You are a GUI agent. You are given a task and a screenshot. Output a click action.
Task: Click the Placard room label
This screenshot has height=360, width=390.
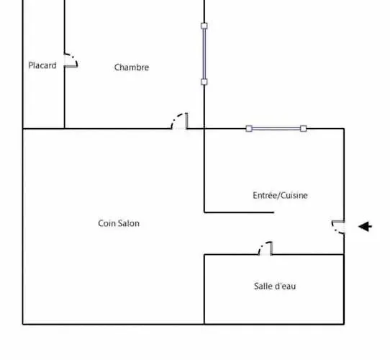tap(42, 66)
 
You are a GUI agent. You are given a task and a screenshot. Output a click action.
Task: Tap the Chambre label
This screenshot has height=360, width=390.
tap(132, 67)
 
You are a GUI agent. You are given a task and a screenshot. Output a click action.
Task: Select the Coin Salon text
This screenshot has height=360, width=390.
tap(119, 223)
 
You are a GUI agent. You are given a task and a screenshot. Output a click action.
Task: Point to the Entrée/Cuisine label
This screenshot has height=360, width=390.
tap(280, 195)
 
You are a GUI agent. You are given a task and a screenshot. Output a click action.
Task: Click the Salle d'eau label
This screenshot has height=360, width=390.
tap(275, 286)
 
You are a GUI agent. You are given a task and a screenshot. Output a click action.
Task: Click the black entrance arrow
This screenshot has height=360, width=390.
tap(365, 227)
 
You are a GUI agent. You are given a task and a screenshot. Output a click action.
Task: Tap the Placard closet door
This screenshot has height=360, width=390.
tap(71, 60)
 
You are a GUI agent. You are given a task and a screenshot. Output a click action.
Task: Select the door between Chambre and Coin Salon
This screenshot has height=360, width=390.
tap(180, 121)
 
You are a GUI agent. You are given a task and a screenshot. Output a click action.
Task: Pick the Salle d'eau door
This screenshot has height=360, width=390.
tap(266, 248)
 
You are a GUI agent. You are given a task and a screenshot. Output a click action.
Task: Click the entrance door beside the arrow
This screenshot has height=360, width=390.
tap(338, 227)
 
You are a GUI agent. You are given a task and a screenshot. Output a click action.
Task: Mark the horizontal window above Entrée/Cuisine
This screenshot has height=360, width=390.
tap(276, 128)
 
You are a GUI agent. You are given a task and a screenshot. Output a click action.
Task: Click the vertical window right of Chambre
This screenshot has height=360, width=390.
tap(204, 54)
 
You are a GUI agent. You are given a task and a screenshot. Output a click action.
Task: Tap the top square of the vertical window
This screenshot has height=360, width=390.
tap(204, 26)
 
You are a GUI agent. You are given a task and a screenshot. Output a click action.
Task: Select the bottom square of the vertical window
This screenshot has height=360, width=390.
tap(204, 82)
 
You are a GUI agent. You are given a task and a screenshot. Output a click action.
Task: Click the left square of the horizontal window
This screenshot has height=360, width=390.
tap(249, 128)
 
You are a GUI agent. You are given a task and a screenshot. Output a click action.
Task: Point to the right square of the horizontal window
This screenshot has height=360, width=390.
tap(304, 128)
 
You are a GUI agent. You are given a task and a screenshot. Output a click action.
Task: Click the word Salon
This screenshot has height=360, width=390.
tap(129, 223)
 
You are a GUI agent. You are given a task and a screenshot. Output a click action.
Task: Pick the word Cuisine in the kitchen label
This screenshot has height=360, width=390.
tap(294, 195)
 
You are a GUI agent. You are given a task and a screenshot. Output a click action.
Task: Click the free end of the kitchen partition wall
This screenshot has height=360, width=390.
tap(273, 212)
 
